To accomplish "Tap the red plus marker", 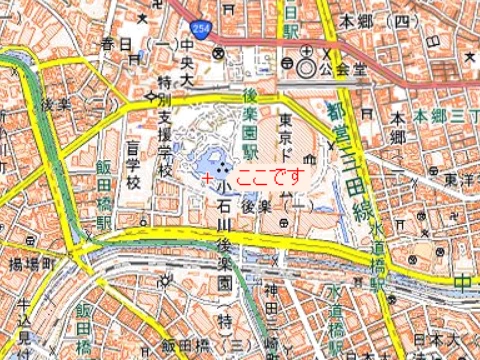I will click(x=207, y=177).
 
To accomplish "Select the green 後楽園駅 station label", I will click(x=251, y=126).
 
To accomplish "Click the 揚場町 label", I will click(x=30, y=265).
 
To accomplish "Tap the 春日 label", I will click(x=117, y=44).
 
